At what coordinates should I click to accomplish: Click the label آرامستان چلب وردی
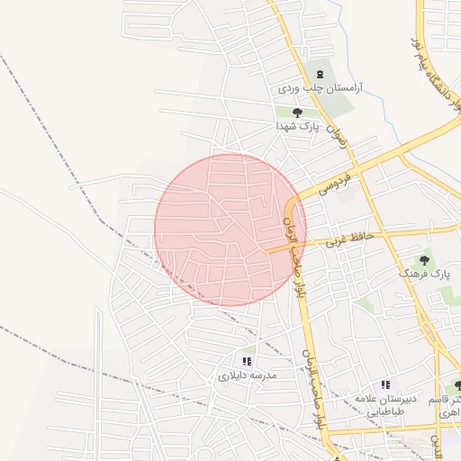click(311, 89)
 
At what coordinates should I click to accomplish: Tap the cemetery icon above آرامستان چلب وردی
click(317, 73)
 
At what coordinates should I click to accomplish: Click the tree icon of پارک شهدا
click(297, 113)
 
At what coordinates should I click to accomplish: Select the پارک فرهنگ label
click(425, 272)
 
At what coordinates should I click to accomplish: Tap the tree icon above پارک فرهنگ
click(427, 257)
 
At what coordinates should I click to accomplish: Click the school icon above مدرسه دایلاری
click(247, 361)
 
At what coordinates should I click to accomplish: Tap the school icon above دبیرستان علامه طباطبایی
click(385, 384)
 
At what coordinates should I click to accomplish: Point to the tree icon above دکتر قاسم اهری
click(457, 385)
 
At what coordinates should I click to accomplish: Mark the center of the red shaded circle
click(230, 229)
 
